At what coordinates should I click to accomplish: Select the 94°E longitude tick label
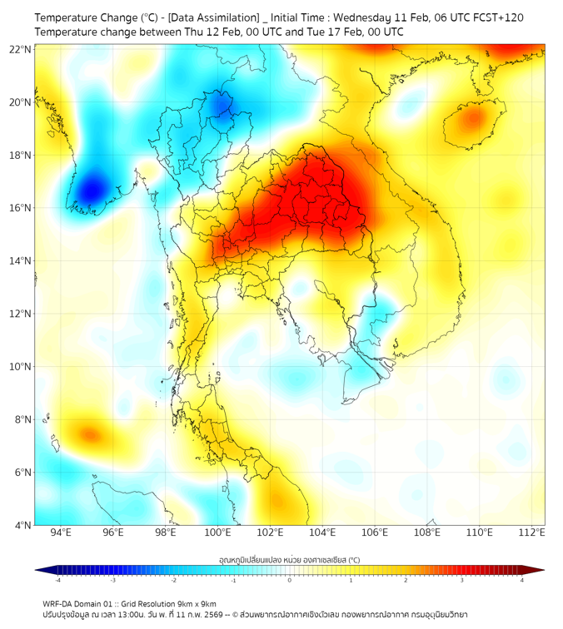click(61, 532)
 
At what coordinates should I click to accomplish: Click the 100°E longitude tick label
click(218, 532)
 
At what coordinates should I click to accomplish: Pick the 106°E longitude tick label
click(376, 532)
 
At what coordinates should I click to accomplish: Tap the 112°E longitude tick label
click(533, 532)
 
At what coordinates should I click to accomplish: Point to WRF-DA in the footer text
click(57, 603)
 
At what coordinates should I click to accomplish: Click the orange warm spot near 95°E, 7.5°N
click(88, 433)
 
